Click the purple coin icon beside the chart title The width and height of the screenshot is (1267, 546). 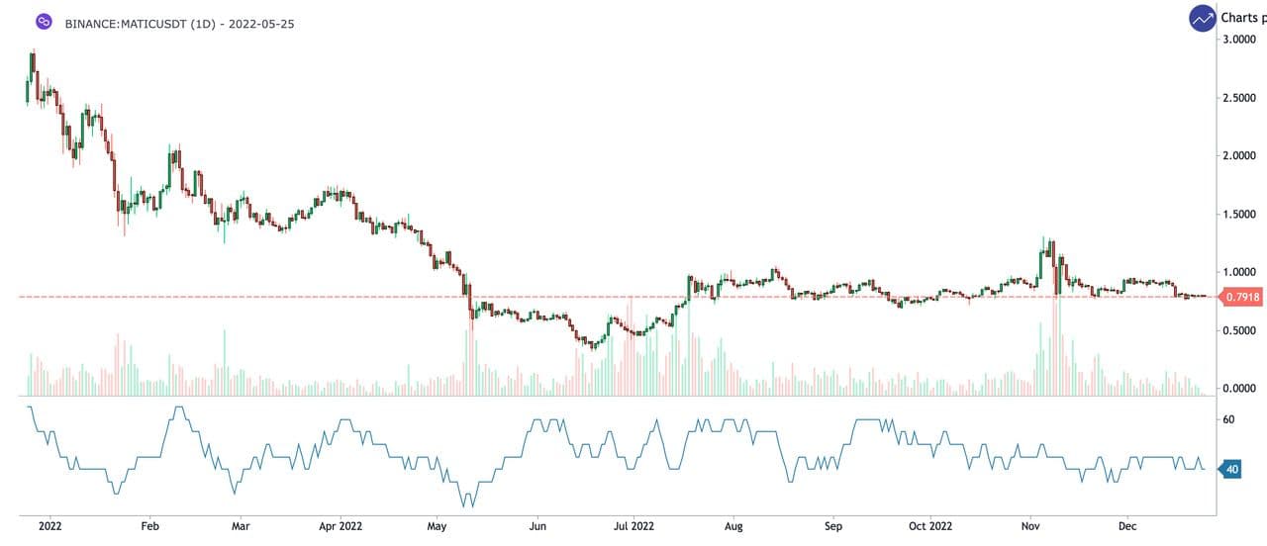(x=43, y=22)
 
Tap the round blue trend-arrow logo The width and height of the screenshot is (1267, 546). (x=1203, y=18)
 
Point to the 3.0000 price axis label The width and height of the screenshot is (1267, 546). (x=1240, y=40)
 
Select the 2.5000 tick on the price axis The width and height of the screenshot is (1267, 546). (x=1240, y=98)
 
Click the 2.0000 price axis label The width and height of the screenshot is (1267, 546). (x=1240, y=156)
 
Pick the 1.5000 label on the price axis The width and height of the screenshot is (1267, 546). (x=1240, y=215)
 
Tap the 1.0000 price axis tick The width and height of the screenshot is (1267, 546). (x=1240, y=272)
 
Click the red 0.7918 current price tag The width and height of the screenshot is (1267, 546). (x=1241, y=297)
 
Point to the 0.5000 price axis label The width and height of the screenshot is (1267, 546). (x=1240, y=330)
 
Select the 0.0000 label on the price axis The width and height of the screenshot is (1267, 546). (x=1240, y=389)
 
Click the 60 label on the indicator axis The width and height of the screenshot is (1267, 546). (x=1228, y=419)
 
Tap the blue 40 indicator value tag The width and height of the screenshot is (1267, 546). (x=1232, y=469)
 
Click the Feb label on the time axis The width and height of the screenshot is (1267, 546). (x=150, y=527)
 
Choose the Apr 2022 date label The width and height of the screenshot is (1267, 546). (x=340, y=527)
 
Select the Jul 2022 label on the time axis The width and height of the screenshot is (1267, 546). (x=634, y=527)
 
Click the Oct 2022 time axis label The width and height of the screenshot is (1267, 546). (x=930, y=527)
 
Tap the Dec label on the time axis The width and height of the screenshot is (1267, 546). (x=1127, y=527)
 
